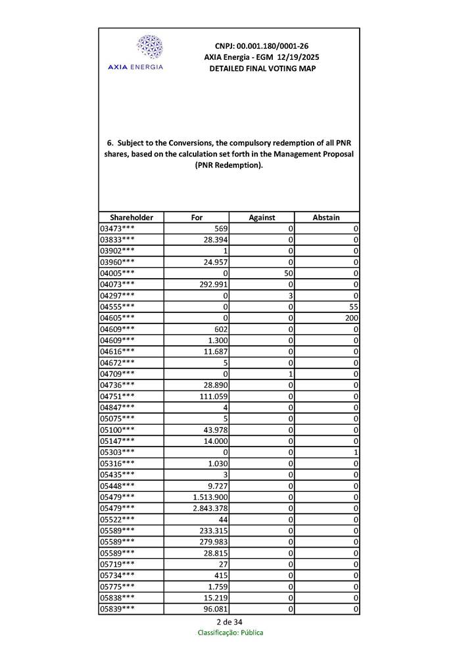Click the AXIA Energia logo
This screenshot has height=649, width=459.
pos(150,53)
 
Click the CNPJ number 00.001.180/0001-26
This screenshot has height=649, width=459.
pos(262,46)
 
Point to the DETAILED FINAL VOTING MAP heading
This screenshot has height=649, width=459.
pos(262,68)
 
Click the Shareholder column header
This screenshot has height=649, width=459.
pos(132,217)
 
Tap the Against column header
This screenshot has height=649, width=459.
pos(262,217)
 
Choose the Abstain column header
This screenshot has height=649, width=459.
pos(326,217)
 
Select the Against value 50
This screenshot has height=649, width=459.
pos(287,273)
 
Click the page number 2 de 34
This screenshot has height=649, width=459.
pos(229,622)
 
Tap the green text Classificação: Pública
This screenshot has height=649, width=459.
pos(229,633)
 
